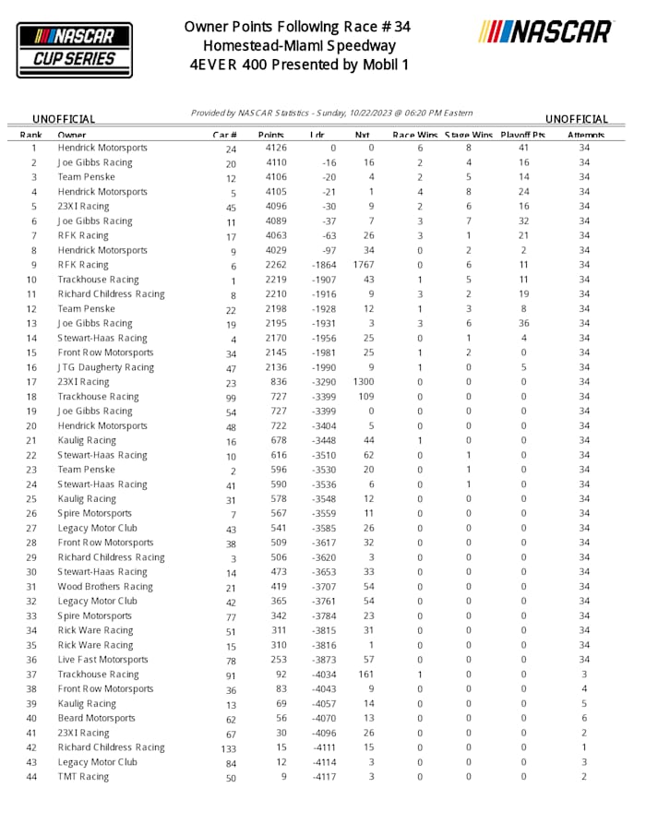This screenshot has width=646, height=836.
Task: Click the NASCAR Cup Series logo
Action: pos(74,49)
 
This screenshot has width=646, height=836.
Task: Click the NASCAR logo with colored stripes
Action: pos(545,32)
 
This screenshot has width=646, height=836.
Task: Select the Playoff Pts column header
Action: pos(523,135)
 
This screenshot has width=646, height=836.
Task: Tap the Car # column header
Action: pos(225,135)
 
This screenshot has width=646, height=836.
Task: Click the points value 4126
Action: pos(276,149)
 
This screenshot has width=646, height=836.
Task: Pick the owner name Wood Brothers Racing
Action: pos(105,587)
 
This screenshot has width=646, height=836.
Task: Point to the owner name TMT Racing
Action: pos(83,777)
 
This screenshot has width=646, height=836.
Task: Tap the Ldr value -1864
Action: pos(323,266)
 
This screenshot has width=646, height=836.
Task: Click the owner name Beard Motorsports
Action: pos(96,719)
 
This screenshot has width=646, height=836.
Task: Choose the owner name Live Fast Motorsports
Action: pos(102,660)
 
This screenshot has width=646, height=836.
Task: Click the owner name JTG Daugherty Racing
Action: pos(106,367)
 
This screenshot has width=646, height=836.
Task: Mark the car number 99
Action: pos(231,398)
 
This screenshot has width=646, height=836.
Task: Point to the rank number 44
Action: pos(34,777)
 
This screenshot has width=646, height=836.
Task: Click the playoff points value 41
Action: pos(523,149)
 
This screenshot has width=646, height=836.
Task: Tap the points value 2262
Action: pos(276,266)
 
